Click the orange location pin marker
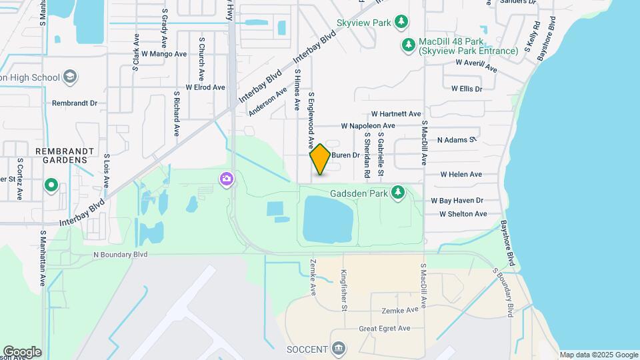coord(320,159)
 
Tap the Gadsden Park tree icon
coord(398,193)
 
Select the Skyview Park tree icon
coord(401,23)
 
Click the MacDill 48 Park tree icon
coord(408,45)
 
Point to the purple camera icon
coord(227,179)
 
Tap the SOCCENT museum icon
coord(339,349)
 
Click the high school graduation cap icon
coord(70,77)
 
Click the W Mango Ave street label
coord(163,53)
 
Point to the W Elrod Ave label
coord(205,87)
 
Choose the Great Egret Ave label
coord(385,329)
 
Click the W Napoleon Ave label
coord(368,125)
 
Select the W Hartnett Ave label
coord(396,114)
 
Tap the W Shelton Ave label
coord(463,214)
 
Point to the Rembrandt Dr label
coord(75,103)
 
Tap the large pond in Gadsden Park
coord(327,221)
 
